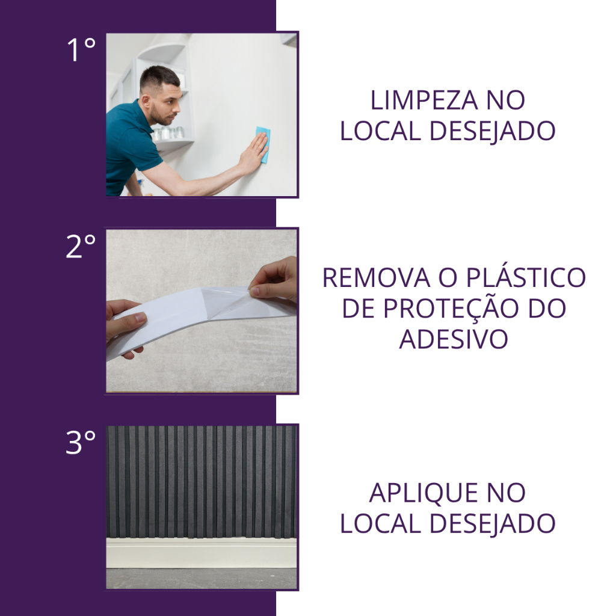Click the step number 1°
(81, 50)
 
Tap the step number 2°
(81, 246)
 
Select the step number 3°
(81, 442)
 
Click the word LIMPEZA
(424, 100)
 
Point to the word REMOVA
(377, 278)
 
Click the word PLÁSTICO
(526, 277)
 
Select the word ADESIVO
(454, 339)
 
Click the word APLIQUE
(423, 493)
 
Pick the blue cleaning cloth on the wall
(263, 143)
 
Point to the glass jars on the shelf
(168, 133)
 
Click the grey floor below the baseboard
(201, 578)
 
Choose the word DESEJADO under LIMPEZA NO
(492, 132)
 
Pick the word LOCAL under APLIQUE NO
(380, 524)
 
